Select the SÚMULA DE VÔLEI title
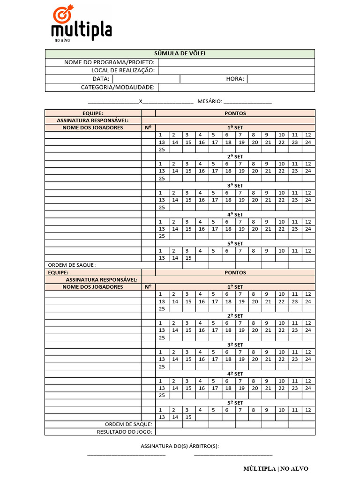pyautogui.click(x=180, y=53)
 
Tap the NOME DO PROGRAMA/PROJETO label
pyautogui.click(x=109, y=62)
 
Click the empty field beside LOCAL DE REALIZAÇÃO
pyautogui.click(x=236, y=71)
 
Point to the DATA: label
pyautogui.click(x=101, y=79)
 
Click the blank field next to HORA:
pyautogui.click(x=281, y=79)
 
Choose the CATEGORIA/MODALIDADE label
pyautogui.click(x=118, y=87)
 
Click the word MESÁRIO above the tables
pyautogui.click(x=209, y=101)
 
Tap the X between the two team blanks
pyautogui.click(x=141, y=101)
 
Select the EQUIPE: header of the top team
pyautogui.click(x=92, y=113)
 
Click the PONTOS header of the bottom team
pyautogui.click(x=235, y=272)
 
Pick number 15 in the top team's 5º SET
pyautogui.click(x=188, y=258)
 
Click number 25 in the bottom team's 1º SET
pyautogui.click(x=162, y=309)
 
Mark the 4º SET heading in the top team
pyautogui.click(x=235, y=215)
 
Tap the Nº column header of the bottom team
pyautogui.click(x=148, y=287)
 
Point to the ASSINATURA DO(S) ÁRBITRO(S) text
pyautogui.click(x=180, y=446)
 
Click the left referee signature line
pyautogui.click(x=127, y=454)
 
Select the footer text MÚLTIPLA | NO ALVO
pyautogui.click(x=276, y=469)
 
